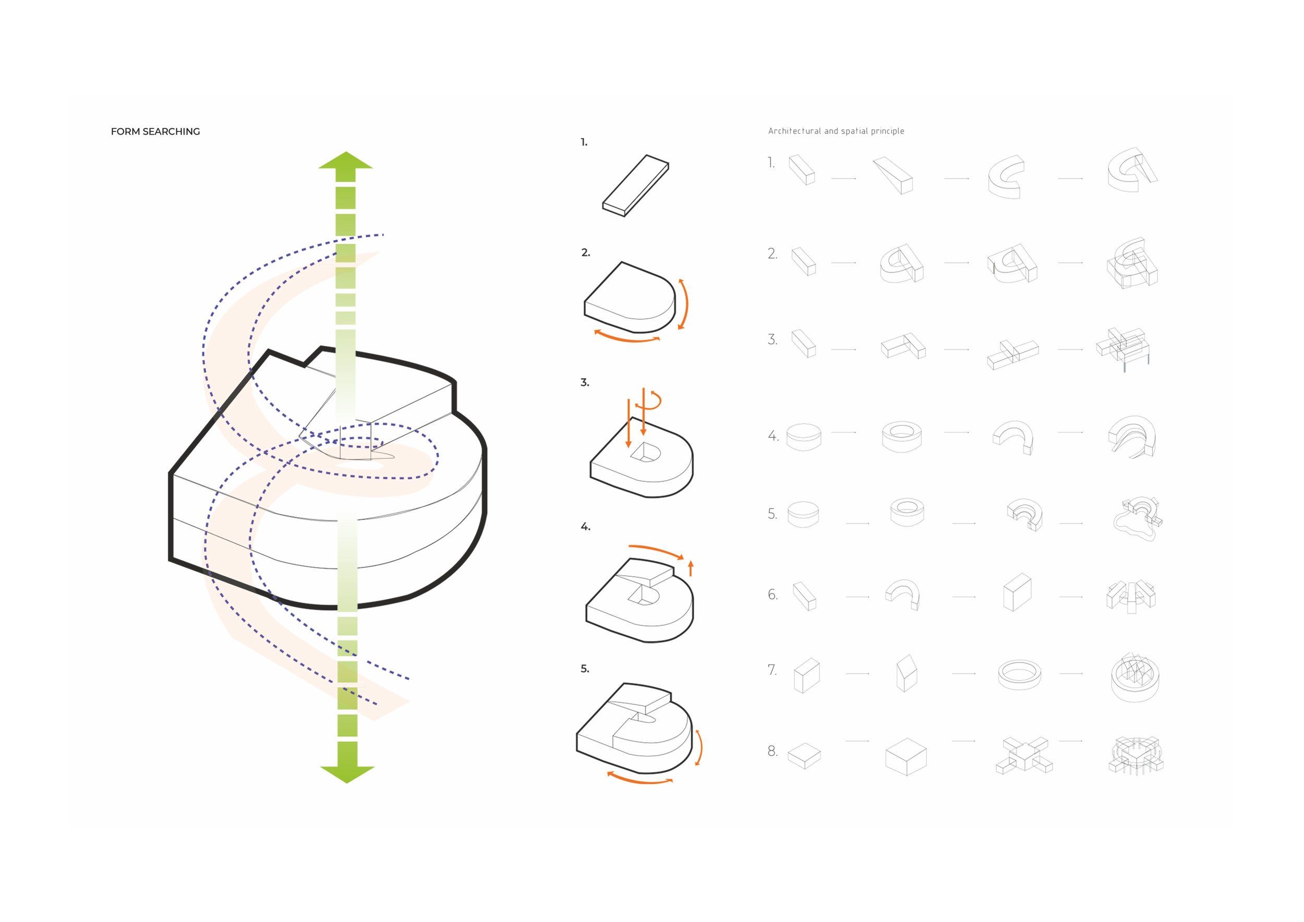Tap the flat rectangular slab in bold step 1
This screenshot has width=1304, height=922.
pos(635,186)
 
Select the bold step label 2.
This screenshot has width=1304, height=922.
pos(586,252)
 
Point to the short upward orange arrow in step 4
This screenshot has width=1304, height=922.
pos(691,568)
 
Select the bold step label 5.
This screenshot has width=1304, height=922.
pos(584,669)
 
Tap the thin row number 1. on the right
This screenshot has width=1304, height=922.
pos(771,163)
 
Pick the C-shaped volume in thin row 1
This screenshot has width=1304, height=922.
pos(1006,177)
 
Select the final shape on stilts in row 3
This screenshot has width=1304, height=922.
pos(1123,348)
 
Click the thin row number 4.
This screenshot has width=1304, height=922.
pos(773,436)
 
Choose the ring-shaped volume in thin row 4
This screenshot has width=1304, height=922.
pos(901,436)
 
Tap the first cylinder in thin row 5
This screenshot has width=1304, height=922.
pos(803,514)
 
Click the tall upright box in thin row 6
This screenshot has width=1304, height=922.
pos(1017,592)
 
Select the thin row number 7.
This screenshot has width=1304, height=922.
pos(772,670)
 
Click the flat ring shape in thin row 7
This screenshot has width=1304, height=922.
pos(1019,674)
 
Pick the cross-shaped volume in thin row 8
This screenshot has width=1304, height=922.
pos(1024,755)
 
